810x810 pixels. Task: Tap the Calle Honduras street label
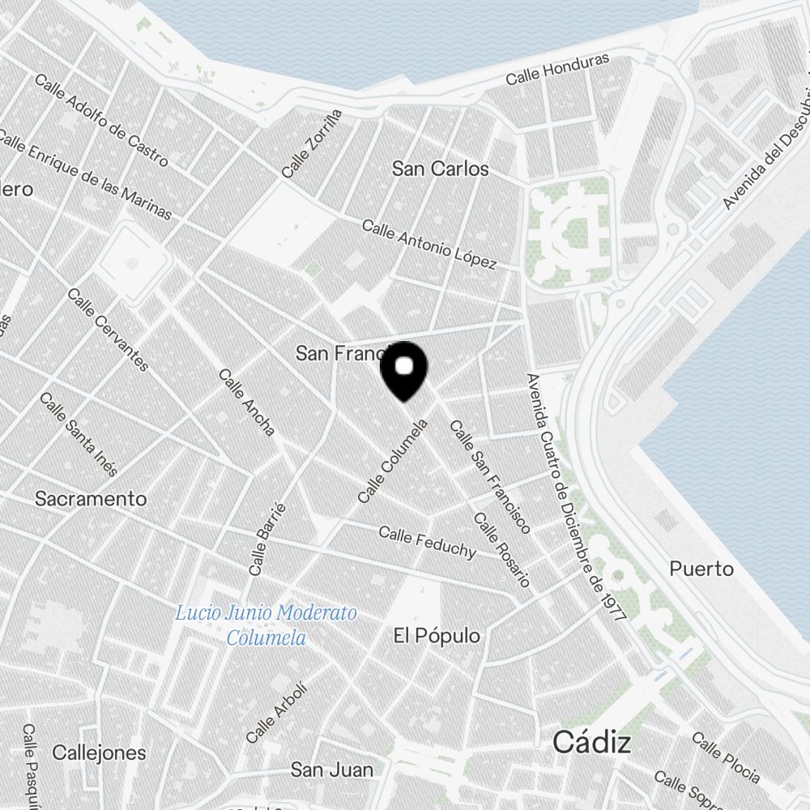[557, 70]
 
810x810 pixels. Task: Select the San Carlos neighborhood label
[441, 168]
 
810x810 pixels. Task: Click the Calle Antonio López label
[429, 244]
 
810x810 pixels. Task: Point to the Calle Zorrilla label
[312, 144]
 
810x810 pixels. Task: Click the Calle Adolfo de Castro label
[101, 120]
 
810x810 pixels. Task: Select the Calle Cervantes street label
[109, 330]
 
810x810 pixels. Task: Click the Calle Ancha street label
[247, 403]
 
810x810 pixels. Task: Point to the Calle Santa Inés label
[79, 435]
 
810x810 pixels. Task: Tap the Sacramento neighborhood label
[91, 499]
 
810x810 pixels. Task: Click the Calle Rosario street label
[501, 551]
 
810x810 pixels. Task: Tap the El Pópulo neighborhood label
[437, 636]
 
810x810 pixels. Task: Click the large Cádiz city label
[592, 742]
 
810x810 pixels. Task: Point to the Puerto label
[701, 569]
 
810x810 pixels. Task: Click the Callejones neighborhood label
[100, 752]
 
